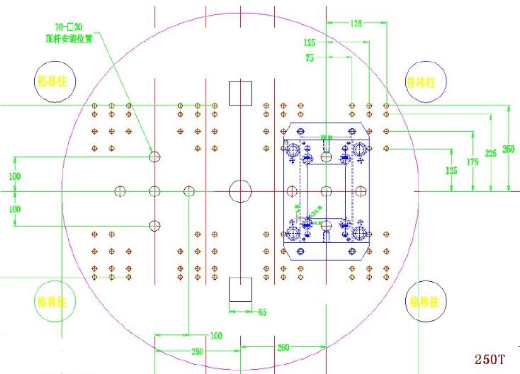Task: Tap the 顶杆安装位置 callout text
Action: [69, 38]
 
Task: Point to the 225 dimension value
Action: [490, 152]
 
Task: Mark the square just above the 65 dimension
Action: [241, 289]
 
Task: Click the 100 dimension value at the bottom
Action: [216, 335]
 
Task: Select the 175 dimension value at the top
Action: [356, 23]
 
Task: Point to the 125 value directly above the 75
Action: [310, 42]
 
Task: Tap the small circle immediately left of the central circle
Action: [189, 191]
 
